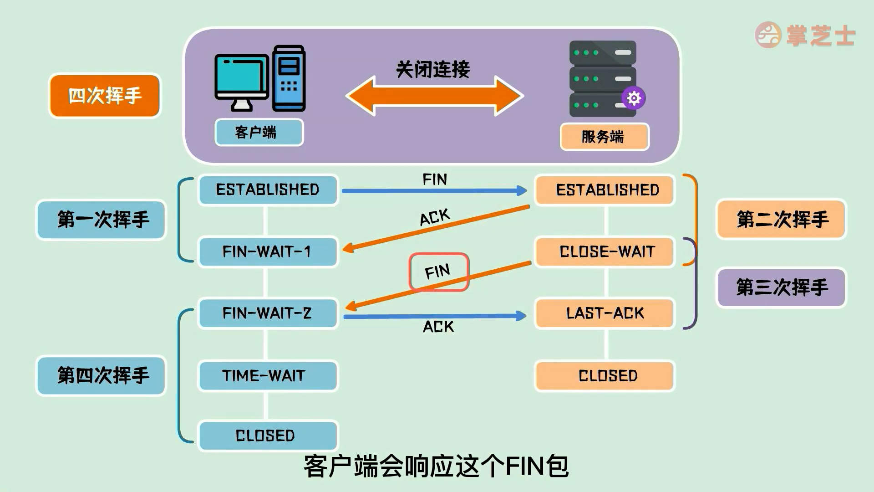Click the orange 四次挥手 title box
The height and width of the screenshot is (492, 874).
(x=105, y=96)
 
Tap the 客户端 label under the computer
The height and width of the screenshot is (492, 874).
(x=259, y=132)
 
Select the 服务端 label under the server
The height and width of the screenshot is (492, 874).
(x=604, y=136)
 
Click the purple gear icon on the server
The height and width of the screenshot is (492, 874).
(x=634, y=98)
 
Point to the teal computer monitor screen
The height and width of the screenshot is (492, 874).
(x=241, y=75)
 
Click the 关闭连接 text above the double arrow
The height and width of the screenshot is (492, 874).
(x=432, y=69)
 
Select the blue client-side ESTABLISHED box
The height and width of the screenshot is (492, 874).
(x=268, y=190)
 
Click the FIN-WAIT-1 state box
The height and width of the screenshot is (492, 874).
(x=268, y=251)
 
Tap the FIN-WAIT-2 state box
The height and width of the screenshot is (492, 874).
(x=268, y=313)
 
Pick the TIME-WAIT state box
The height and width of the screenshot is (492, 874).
(x=268, y=376)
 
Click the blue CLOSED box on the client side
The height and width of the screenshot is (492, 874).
(x=268, y=436)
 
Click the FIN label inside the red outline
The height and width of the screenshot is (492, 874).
(x=438, y=272)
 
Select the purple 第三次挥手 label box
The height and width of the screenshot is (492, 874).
(x=781, y=287)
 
